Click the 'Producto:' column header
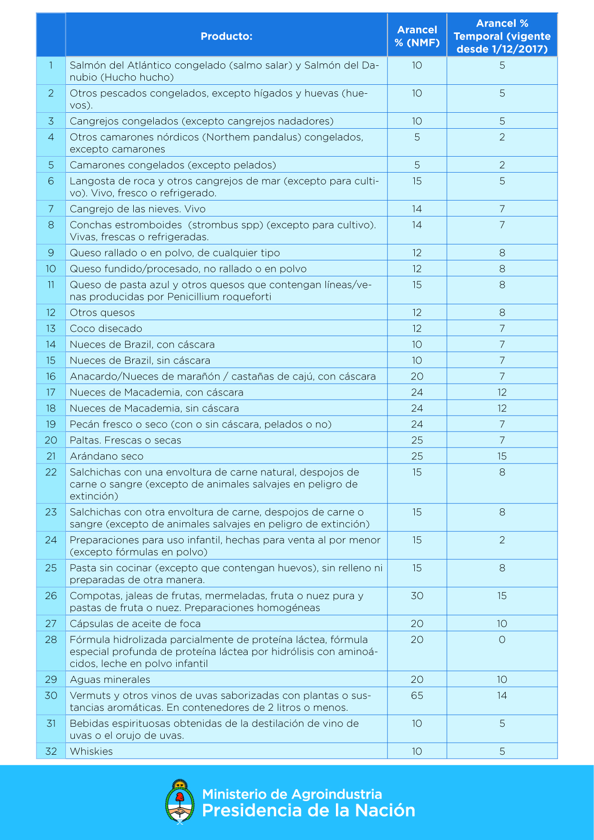coord(226,36)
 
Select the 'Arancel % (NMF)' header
coord(417,36)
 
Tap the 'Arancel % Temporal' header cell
coord(502,36)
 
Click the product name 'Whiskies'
coord(91,751)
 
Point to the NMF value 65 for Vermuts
coord(417,695)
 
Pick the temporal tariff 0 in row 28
coord(502,639)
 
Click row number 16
coord(51,376)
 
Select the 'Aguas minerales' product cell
coord(110,679)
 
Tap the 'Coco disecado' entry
coord(106,328)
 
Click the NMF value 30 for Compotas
coord(417,596)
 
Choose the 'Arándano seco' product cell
coord(106,456)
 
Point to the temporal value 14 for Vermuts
coord(502,695)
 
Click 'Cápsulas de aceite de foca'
coord(135,624)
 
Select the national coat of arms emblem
coord(180,802)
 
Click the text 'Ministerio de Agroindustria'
coord(292,794)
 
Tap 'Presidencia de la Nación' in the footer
coord(308,811)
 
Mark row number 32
coord(51,751)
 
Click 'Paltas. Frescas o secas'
coord(125,440)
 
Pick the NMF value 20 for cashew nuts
coord(417,376)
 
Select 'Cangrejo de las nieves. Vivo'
coord(137,209)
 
